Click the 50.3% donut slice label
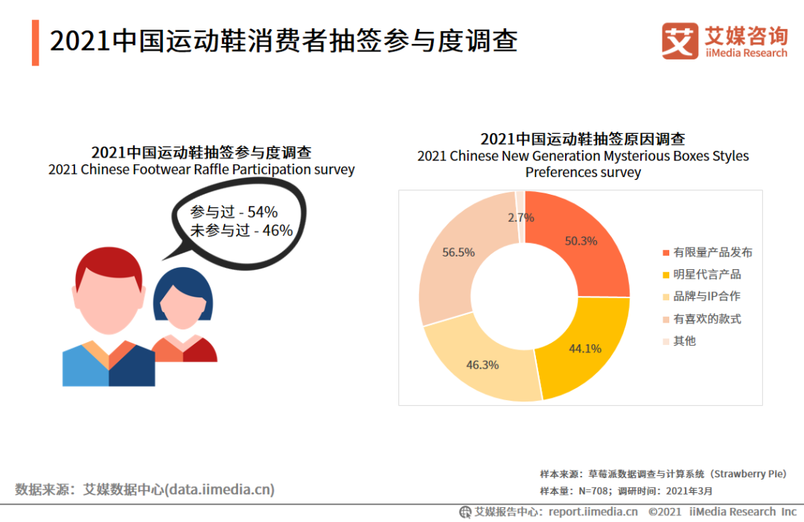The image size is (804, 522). pyautogui.click(x=581, y=241)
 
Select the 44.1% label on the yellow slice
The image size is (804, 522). pyautogui.click(x=585, y=348)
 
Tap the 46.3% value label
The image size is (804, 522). pyautogui.click(x=482, y=365)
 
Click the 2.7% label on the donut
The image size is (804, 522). pyautogui.click(x=521, y=218)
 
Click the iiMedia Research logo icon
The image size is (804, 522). pyautogui.click(x=680, y=41)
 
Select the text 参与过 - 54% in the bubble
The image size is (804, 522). pyautogui.click(x=234, y=211)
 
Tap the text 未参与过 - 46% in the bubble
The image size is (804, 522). pyautogui.click(x=241, y=231)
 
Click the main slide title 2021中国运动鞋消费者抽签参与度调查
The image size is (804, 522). pyautogui.click(x=284, y=41)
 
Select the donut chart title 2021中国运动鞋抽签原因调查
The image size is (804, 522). pyautogui.click(x=582, y=139)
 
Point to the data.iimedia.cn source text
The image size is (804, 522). pyautogui.click(x=220, y=489)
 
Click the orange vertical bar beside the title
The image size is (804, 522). pyautogui.click(x=36, y=43)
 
